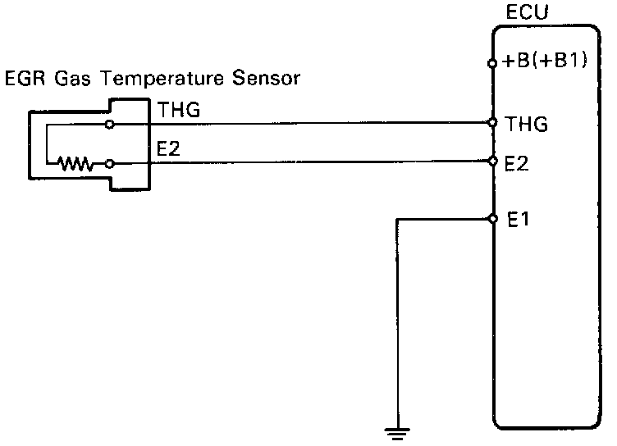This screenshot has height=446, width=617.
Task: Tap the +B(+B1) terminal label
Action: click(x=546, y=61)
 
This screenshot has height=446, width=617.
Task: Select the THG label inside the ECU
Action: click(x=527, y=125)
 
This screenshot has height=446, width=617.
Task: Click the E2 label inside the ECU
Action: click(x=517, y=163)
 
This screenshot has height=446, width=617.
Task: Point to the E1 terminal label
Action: click(x=517, y=219)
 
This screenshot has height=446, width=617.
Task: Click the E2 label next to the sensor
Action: click(x=168, y=149)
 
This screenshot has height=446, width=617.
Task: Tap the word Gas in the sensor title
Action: click(x=66, y=80)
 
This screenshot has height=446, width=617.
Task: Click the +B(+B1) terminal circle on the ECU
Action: click(x=492, y=62)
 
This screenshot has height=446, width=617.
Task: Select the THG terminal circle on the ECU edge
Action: click(x=492, y=123)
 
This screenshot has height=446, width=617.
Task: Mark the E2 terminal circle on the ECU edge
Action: click(x=492, y=162)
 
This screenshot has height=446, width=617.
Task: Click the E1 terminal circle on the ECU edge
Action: click(x=492, y=219)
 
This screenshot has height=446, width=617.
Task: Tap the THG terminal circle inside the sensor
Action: click(x=110, y=125)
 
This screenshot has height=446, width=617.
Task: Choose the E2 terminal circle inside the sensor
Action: click(x=110, y=164)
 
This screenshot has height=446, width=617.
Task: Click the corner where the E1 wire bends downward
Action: click(x=397, y=219)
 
